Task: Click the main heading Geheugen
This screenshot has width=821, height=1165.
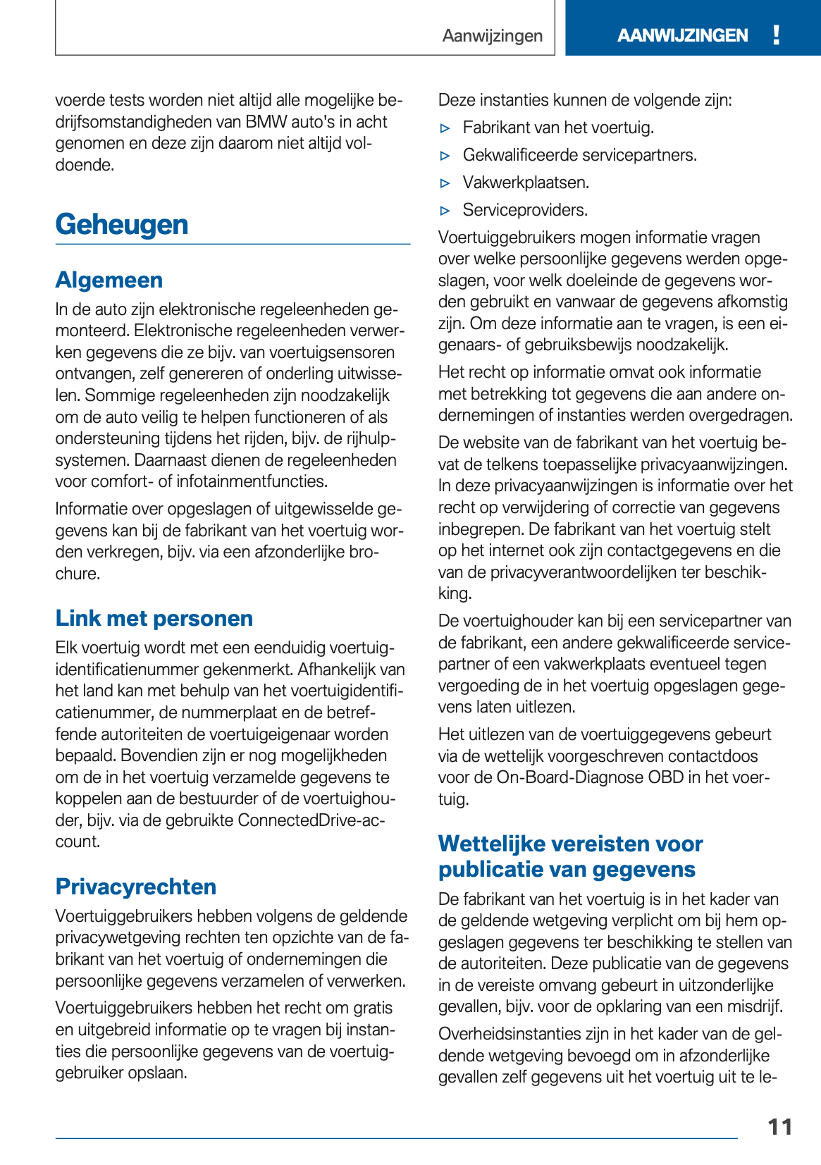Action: coord(122,225)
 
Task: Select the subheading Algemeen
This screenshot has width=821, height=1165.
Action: coord(109,280)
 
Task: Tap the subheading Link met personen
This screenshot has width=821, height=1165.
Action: coord(154,618)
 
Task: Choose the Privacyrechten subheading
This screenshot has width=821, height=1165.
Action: coord(136,887)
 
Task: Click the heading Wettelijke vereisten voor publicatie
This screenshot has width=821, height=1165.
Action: coord(570,856)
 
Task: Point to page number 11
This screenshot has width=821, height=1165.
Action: coord(779,1127)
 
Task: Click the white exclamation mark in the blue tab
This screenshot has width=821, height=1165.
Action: coord(776,35)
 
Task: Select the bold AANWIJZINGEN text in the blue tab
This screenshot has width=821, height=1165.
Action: coord(682,35)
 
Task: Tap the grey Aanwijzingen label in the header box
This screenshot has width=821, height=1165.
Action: coord(493,35)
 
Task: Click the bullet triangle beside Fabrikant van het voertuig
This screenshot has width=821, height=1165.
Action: coord(445,128)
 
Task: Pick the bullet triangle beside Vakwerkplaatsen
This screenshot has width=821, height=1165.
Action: coord(445,183)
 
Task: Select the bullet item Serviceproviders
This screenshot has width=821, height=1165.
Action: coord(525,210)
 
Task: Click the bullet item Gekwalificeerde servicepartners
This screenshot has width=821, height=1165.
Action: coord(579,155)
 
